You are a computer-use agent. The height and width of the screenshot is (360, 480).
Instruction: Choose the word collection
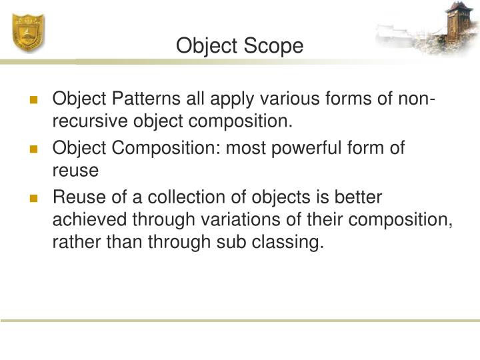click(x=183, y=197)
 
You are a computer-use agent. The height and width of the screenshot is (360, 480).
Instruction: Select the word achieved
click(x=87, y=219)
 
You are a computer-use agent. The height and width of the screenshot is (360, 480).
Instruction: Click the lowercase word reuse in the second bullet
click(x=75, y=171)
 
